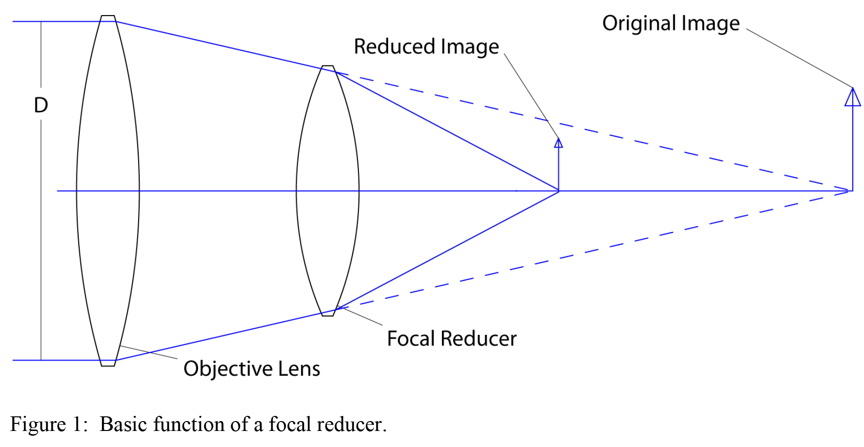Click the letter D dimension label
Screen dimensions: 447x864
tap(41, 105)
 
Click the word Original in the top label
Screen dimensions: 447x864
tap(639, 24)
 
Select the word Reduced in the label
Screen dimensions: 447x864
tap(394, 47)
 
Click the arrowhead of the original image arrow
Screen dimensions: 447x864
tap(852, 97)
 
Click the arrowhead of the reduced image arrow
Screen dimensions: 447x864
tap(558, 143)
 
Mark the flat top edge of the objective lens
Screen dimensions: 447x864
tap(108, 16)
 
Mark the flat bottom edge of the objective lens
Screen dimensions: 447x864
tap(108, 366)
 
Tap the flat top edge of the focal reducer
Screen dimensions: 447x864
tap(328, 66)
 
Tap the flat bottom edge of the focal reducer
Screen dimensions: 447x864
tap(328, 315)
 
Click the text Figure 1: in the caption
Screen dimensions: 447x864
tap(49, 424)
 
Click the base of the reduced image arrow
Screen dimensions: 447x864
tap(558, 190)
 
